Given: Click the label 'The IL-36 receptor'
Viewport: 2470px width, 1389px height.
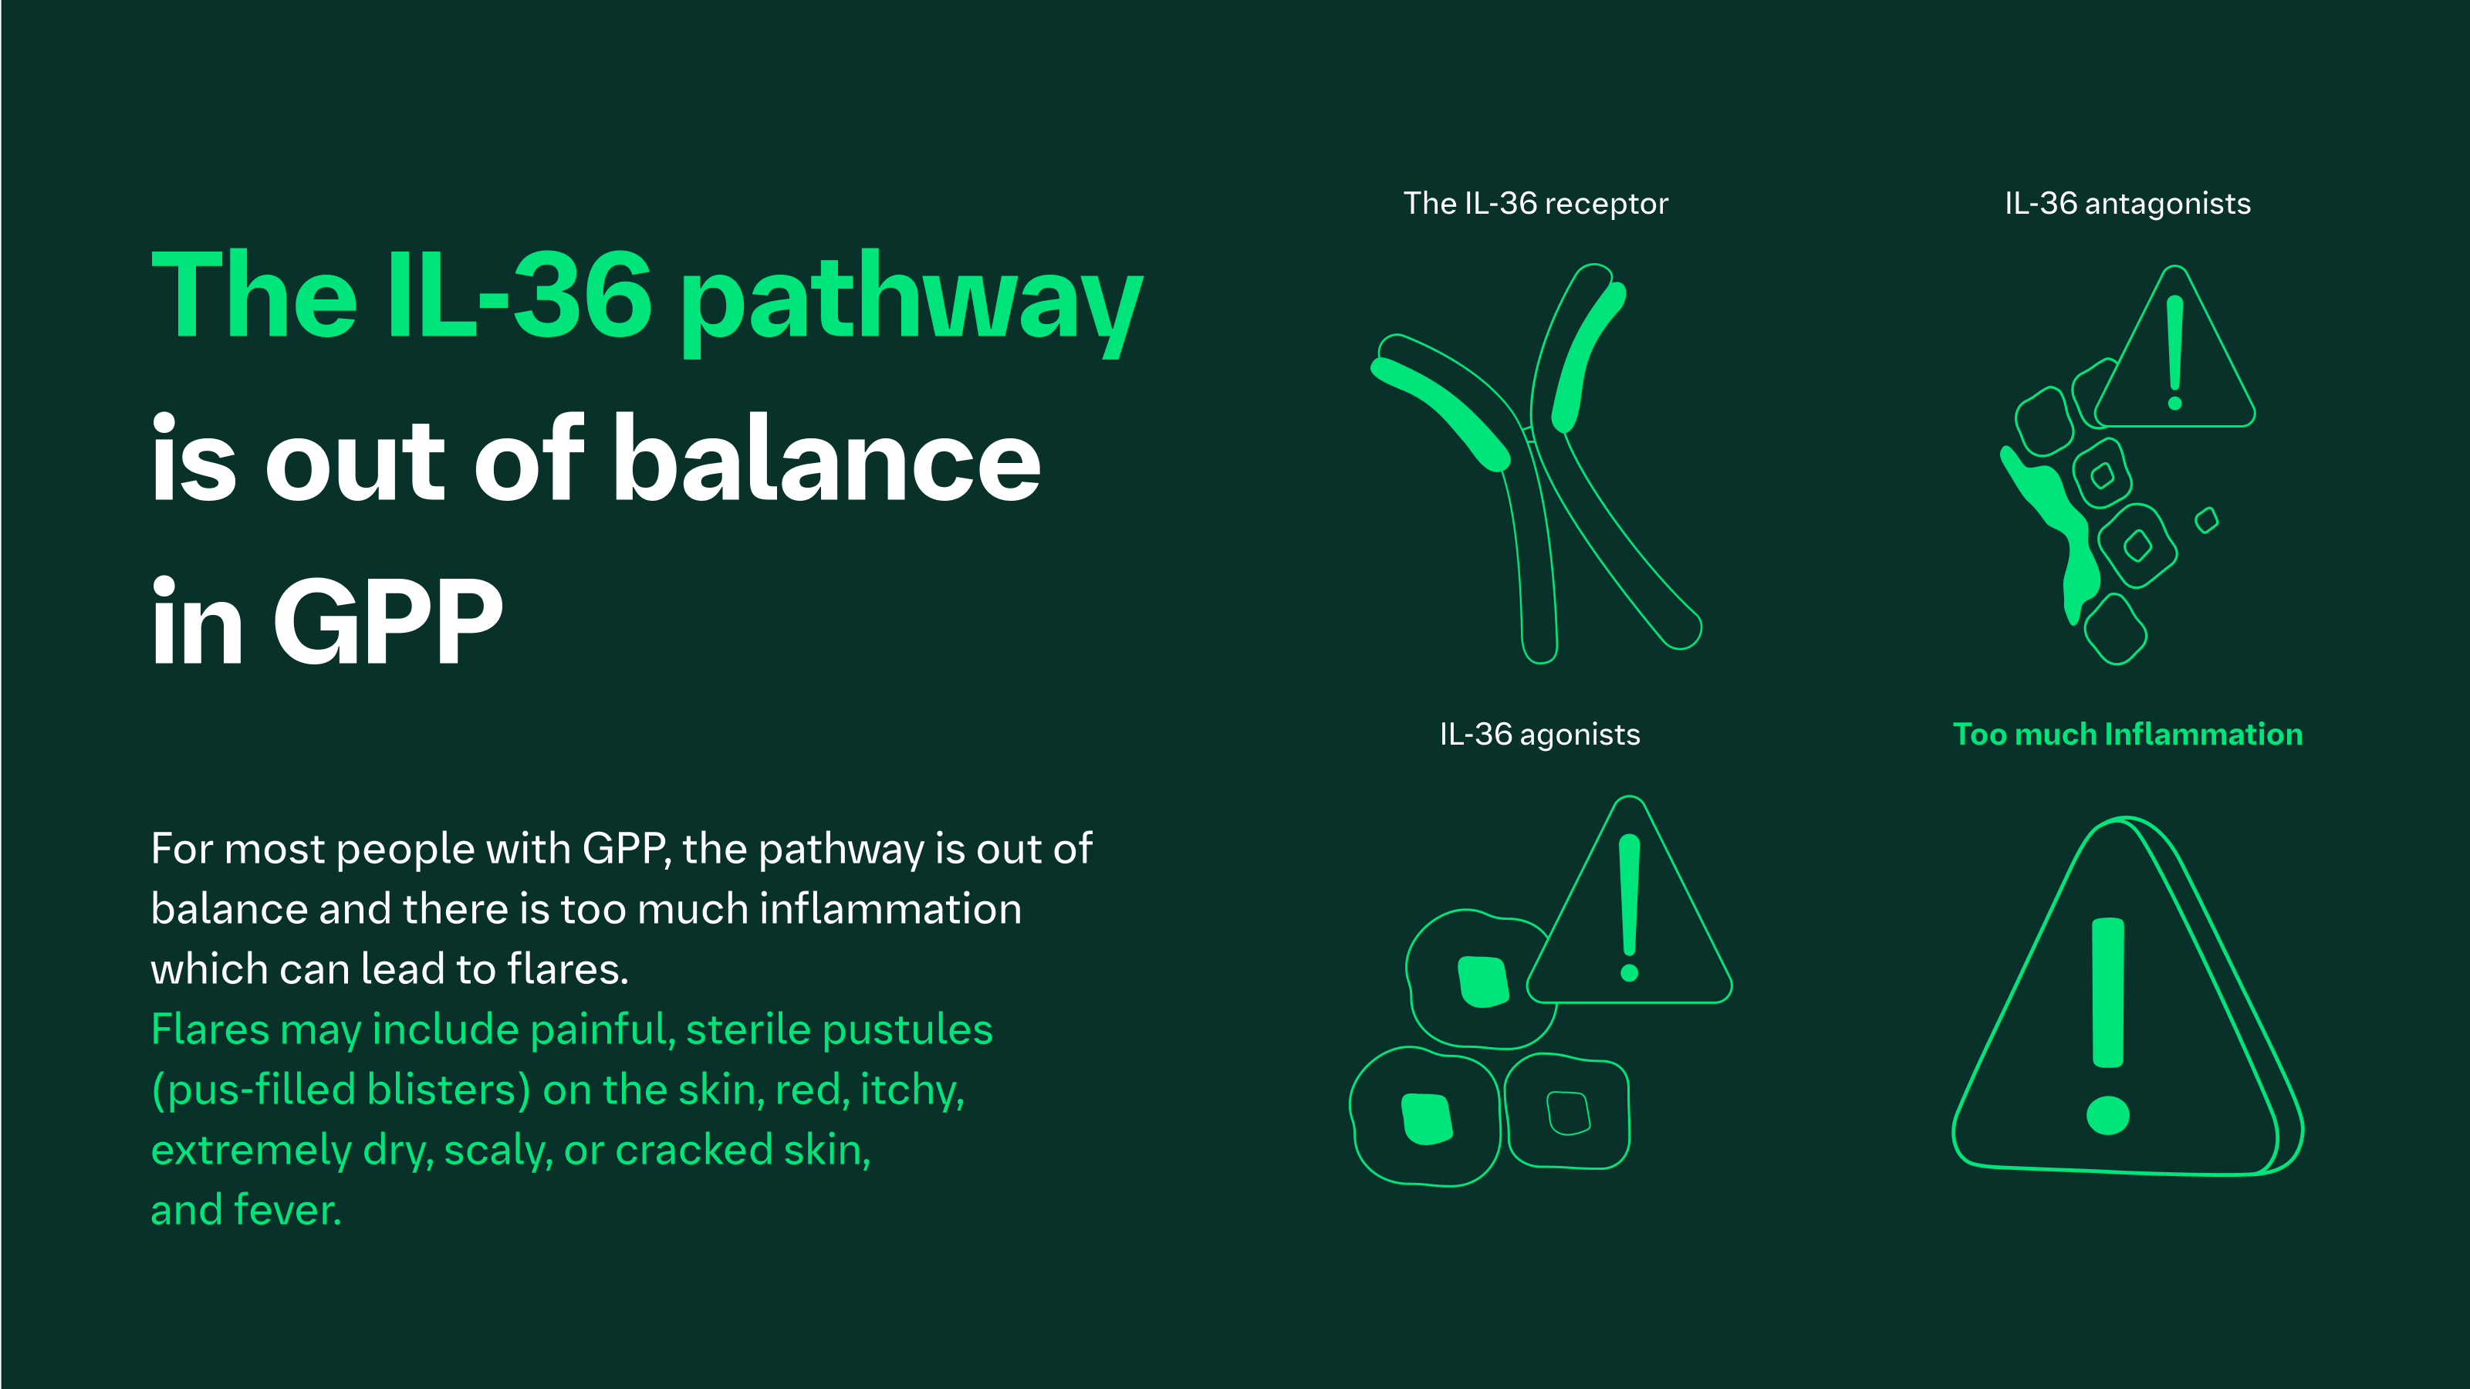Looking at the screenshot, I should coord(1535,203).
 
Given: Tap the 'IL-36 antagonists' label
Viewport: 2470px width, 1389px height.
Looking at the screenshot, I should coord(2127,203).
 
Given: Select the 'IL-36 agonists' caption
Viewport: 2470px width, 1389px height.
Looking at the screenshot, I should coord(1539,735).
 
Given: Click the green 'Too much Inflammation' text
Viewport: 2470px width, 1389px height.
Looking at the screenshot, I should coord(2127,735).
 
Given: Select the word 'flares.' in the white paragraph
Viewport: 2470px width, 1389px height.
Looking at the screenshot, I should coord(568,969).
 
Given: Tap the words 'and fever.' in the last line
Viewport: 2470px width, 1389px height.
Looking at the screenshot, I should coord(245,1210).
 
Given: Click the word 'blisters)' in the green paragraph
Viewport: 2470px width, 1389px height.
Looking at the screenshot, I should coord(448,1090).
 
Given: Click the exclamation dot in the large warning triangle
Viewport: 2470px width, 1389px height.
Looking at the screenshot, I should coord(2107,1115).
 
